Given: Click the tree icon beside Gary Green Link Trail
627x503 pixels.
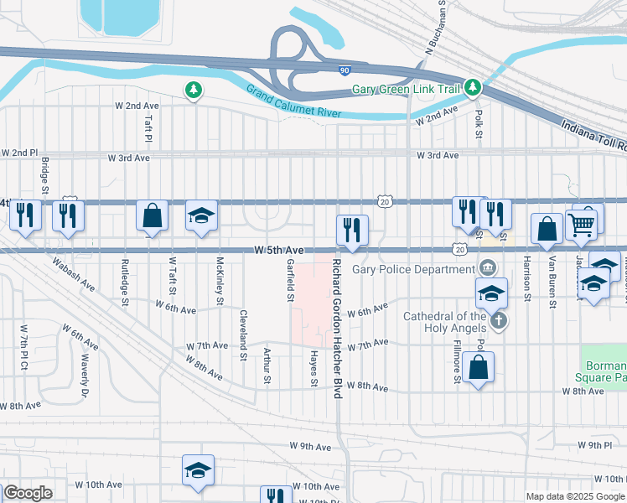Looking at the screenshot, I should pyautogui.click(x=474, y=87).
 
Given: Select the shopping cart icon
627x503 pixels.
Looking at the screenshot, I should pyautogui.click(x=581, y=225).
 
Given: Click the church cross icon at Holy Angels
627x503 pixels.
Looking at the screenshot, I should pyautogui.click(x=499, y=320).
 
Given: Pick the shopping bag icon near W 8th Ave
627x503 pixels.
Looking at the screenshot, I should pyautogui.click(x=478, y=367).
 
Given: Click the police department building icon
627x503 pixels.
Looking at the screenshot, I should pyautogui.click(x=488, y=269).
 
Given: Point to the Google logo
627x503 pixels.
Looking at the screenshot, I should pyautogui.click(x=28, y=493).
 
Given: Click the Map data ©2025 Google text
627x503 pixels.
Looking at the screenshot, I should pyautogui.click(x=575, y=496).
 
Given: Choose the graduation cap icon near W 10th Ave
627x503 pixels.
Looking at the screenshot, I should pyautogui.click(x=199, y=470).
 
